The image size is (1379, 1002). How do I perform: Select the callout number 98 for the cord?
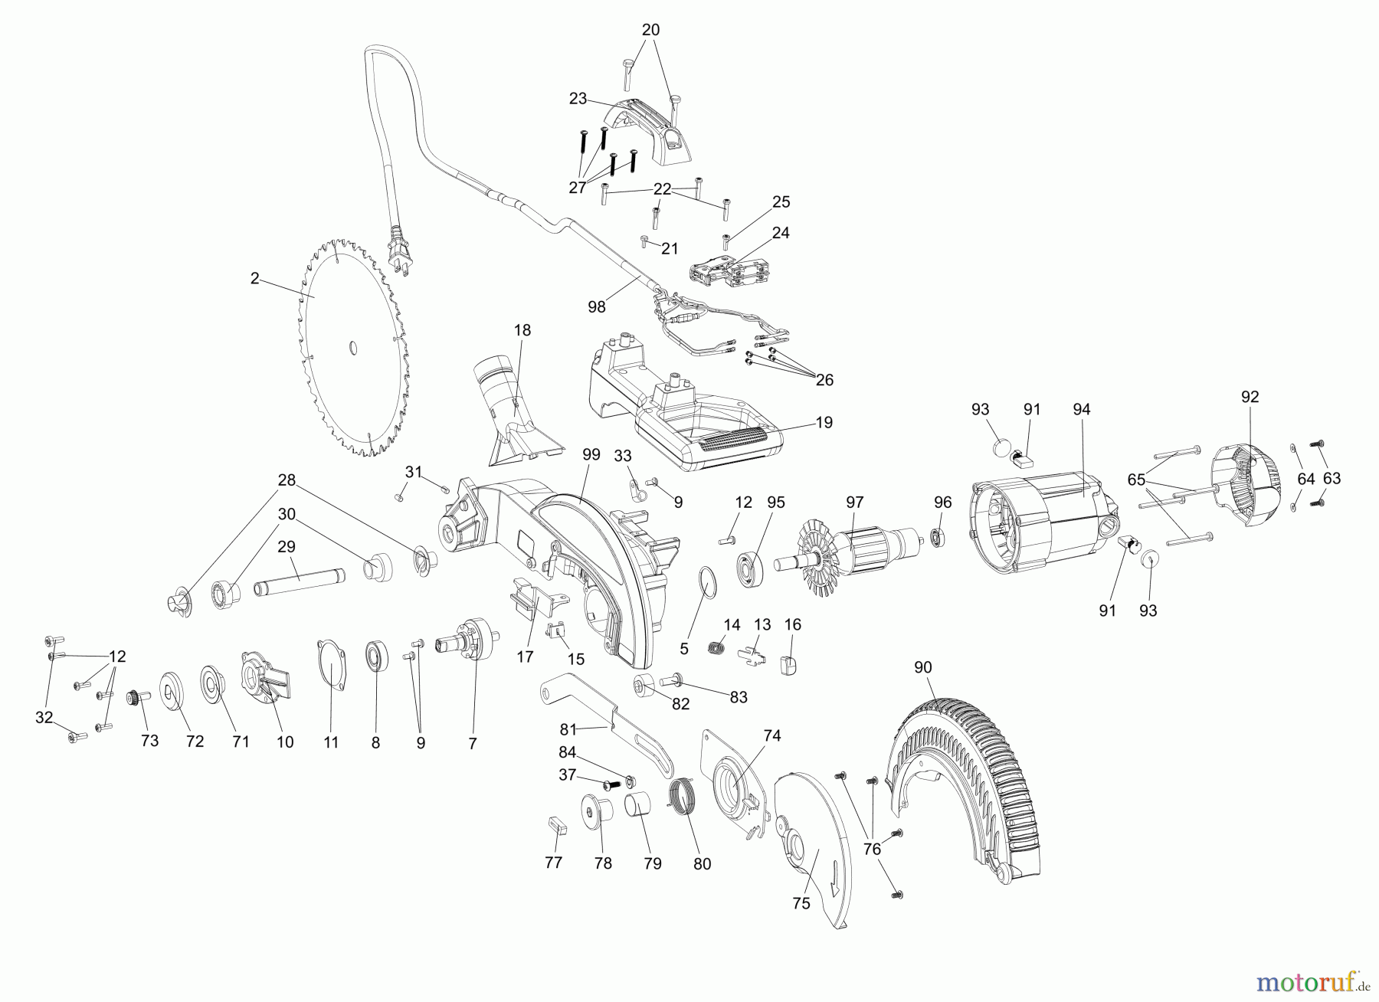click(596, 306)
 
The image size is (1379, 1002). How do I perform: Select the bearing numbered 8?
click(376, 666)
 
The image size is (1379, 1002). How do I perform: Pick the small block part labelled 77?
click(555, 824)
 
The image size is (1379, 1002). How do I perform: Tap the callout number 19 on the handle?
click(824, 422)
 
